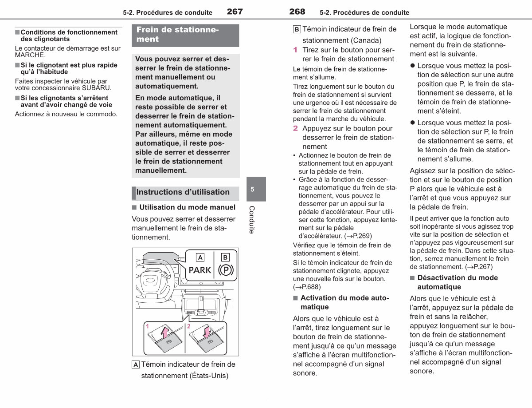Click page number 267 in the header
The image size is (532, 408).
click(x=235, y=12)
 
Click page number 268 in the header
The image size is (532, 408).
click(x=297, y=12)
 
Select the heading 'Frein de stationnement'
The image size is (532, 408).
click(x=177, y=34)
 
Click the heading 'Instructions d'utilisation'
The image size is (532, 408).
click(x=183, y=192)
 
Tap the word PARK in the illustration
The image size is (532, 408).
click(x=200, y=270)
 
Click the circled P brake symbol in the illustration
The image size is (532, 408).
click(x=226, y=270)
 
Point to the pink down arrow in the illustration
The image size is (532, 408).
click(x=207, y=332)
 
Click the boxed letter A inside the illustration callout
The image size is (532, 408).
click(x=200, y=257)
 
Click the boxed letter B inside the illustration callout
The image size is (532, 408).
click(x=225, y=257)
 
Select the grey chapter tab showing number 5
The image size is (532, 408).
click(x=256, y=189)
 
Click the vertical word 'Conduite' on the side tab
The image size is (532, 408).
click(x=252, y=220)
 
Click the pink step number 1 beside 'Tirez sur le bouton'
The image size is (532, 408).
click(x=295, y=50)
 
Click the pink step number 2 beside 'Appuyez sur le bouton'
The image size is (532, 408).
click(x=296, y=128)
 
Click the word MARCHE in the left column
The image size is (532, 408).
click(x=30, y=55)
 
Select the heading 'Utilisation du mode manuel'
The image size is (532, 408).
click(x=187, y=207)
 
